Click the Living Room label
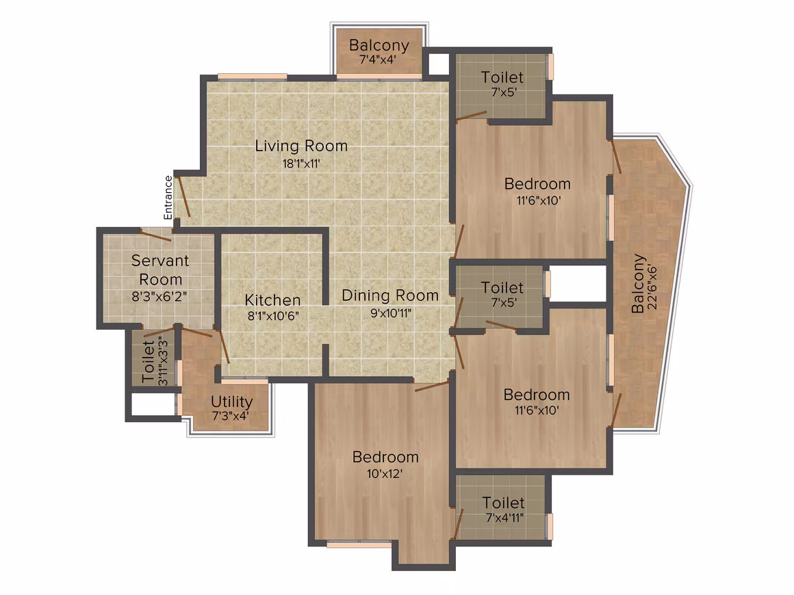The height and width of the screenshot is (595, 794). tap(301, 146)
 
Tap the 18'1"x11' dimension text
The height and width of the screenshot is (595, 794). tap(301, 163)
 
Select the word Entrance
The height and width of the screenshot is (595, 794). tap(168, 198)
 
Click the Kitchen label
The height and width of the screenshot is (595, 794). tap(272, 300)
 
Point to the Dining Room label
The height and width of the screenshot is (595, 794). tap(390, 295)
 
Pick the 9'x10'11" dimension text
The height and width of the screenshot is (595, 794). tap(390, 313)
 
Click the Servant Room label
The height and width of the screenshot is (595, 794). tap(160, 269)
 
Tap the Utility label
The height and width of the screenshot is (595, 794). tap(231, 401)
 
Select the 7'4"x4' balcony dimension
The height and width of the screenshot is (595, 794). tap(378, 59)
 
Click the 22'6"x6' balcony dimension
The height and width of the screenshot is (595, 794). tap(652, 287)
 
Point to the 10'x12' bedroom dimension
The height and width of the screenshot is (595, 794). tap(385, 474)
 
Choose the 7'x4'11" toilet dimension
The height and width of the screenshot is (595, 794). tap(504, 518)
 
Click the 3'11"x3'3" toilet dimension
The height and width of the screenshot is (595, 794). tap(163, 361)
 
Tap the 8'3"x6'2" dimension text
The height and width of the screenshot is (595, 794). tap(159, 297)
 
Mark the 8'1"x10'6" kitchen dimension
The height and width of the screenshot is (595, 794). tap(273, 317)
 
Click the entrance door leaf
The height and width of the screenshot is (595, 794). tap(182, 197)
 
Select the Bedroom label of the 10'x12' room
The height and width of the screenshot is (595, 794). tap(385, 458)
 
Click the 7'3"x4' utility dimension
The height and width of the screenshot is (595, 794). tap(231, 416)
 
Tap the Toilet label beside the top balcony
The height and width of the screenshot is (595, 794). tap(502, 77)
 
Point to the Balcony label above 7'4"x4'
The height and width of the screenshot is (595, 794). tap(379, 46)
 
